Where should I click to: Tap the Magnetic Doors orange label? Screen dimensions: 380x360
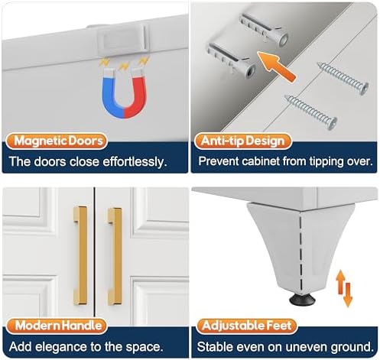coord(57,141)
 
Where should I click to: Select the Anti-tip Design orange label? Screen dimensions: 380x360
coord(243,141)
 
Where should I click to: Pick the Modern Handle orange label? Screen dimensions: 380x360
coord(57,326)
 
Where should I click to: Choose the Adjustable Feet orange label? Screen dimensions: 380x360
coord(246,326)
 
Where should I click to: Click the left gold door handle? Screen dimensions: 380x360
coord(80,255)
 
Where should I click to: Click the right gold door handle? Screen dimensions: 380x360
coord(115,256)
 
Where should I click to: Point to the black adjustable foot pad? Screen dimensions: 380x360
coord(302,299)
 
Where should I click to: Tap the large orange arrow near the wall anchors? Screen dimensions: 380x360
coord(277,66)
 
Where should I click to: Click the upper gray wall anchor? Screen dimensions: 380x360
coord(264,30)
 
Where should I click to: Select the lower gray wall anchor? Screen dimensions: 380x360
coord(232,60)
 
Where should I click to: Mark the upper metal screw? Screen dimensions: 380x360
coord(343,79)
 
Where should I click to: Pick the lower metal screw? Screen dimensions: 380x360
coord(310,112)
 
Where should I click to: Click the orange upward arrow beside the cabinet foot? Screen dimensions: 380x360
coord(340,282)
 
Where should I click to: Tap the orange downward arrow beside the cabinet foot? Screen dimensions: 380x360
coord(348,294)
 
